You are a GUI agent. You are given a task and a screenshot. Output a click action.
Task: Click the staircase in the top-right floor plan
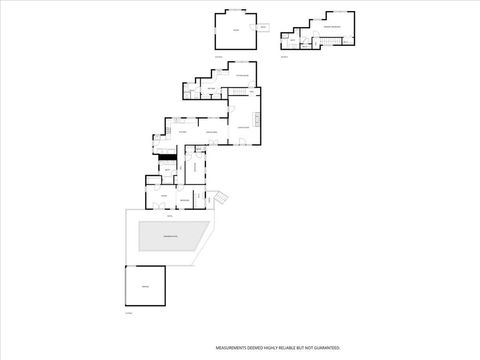[324, 40]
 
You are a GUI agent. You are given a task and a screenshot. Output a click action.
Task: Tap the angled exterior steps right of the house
[220, 197]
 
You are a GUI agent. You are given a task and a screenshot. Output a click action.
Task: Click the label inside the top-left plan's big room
[236, 31]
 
